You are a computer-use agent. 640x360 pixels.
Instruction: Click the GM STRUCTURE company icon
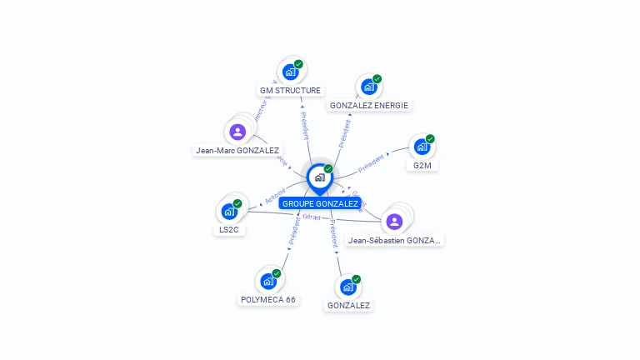coord(290,72)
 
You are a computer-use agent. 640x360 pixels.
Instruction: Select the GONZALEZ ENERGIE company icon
coord(368,87)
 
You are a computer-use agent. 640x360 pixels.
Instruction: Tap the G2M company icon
coord(422,147)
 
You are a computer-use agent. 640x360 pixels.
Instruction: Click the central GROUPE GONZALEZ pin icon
coord(320,177)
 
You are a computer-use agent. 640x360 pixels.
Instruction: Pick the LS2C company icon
coord(229,212)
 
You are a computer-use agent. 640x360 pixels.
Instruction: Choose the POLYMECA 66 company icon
coord(267,281)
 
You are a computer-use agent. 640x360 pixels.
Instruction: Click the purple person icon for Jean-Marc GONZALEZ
coord(237,132)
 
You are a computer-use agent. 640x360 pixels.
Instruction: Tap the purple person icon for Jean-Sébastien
coord(394,221)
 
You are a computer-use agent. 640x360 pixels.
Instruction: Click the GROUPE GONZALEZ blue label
coord(320,203)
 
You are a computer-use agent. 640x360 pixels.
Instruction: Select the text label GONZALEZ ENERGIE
coord(368,105)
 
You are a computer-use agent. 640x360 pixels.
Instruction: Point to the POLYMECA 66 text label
coord(267,299)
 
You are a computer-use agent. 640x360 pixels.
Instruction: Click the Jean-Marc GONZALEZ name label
coord(237,151)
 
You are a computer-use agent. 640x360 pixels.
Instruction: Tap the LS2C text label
coord(229,230)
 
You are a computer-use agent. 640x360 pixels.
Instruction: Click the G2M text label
coord(422,165)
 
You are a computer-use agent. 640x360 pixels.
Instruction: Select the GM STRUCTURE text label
coord(290,90)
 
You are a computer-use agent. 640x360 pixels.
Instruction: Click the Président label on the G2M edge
coord(372,162)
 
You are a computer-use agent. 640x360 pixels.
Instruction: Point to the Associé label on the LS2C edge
coord(275,197)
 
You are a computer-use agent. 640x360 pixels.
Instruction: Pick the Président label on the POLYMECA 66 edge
coord(293,231)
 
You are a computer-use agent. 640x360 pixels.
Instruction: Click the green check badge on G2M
coord(430,139)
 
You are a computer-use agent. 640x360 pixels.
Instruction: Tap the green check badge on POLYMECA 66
coord(276,273)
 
